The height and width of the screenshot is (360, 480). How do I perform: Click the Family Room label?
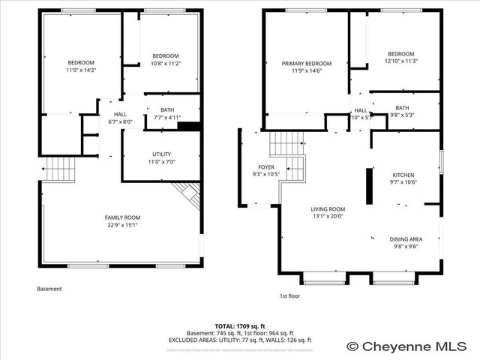(121, 217)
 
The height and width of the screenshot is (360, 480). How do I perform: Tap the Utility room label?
(162, 154)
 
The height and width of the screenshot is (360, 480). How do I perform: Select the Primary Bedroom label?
(307, 64)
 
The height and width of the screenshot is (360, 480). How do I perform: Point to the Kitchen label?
(403, 174)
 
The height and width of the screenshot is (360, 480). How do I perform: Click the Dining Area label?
(405, 239)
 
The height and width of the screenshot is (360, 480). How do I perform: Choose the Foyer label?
(266, 166)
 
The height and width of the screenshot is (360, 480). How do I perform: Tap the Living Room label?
(328, 209)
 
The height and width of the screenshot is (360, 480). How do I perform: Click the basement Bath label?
(166, 110)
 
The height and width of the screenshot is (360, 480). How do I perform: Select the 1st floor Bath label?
(403, 107)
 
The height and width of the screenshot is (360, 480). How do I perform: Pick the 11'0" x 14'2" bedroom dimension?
(81, 70)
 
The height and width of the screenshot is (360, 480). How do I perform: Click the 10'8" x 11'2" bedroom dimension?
(165, 64)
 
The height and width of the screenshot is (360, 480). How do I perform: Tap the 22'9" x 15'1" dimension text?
(121, 224)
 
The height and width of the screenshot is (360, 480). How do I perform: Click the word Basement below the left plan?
(49, 289)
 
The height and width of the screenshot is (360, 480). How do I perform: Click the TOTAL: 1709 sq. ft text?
(240, 326)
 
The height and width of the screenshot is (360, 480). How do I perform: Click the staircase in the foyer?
(288, 142)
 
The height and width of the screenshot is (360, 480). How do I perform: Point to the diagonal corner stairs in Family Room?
(190, 197)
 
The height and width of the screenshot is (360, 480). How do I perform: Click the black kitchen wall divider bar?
(368, 186)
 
